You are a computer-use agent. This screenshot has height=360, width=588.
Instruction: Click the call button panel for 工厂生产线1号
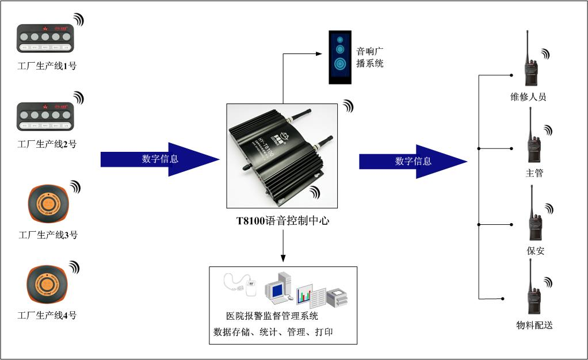45,38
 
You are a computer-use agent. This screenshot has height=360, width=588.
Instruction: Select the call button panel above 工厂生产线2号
45,116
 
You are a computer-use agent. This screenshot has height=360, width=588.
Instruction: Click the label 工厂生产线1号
47,66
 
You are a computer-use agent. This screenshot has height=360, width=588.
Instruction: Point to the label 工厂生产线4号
47,315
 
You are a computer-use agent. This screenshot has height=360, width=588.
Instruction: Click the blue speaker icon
339,57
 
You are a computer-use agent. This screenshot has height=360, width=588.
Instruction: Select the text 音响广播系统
369,58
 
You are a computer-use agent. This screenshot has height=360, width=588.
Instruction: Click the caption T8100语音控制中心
282,221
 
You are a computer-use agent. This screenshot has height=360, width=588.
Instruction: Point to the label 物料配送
534,325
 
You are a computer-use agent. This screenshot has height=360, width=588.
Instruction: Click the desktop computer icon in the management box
278,289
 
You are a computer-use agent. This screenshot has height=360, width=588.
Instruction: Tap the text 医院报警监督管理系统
272,316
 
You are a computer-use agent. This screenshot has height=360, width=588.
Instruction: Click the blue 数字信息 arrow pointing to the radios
413,161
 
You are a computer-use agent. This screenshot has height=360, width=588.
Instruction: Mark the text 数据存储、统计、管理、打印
273,332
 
